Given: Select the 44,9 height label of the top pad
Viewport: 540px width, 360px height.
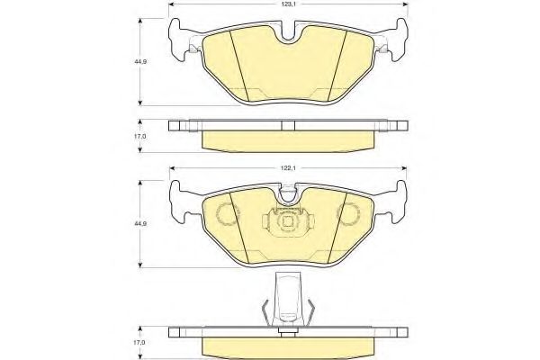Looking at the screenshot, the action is tap(141, 62).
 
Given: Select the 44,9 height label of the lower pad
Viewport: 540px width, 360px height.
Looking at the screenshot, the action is tap(141, 223).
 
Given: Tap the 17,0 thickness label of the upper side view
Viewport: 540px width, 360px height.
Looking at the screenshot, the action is tap(140, 137).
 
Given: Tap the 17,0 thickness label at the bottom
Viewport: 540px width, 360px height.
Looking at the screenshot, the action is tap(140, 343).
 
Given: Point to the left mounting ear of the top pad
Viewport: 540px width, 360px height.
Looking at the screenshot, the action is tap(180, 40).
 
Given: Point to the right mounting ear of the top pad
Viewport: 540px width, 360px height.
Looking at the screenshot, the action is tap(396, 40).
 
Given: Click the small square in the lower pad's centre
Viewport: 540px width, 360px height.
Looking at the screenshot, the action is tap(288, 221).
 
